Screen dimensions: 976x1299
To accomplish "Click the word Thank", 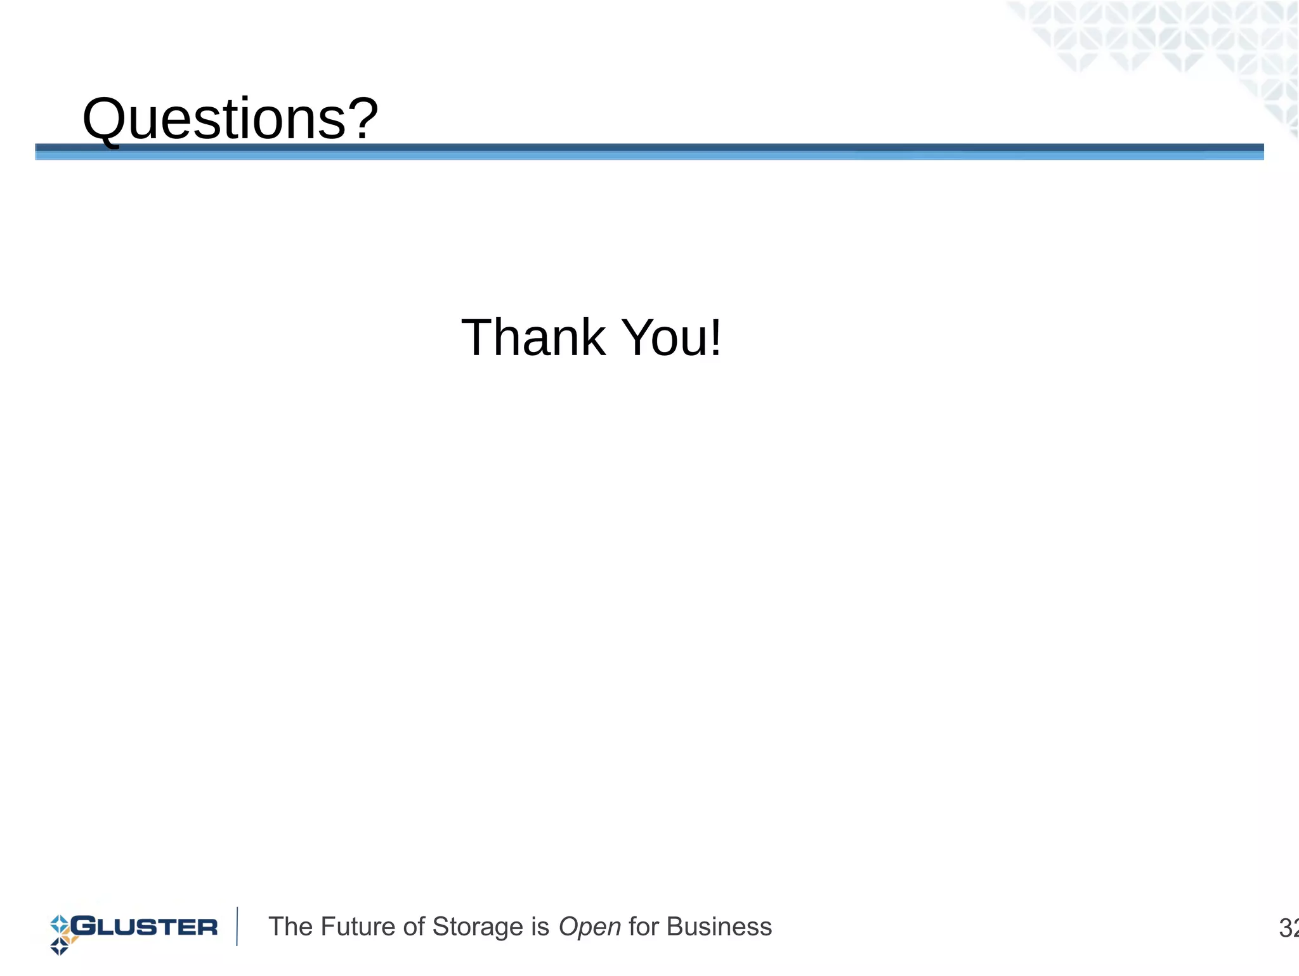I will [533, 337].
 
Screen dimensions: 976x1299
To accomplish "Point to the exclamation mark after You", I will [715, 337].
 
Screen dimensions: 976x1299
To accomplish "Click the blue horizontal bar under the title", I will [647, 152].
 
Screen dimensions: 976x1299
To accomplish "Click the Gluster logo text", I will [145, 927].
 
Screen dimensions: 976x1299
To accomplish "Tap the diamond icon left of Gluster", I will [61, 934].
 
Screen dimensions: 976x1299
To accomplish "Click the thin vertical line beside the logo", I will [237, 927].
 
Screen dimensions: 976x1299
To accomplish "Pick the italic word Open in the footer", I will [589, 928].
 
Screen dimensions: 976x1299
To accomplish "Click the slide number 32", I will [1288, 928].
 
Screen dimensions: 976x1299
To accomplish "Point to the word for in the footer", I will [643, 927].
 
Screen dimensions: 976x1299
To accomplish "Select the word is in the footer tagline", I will [540, 927].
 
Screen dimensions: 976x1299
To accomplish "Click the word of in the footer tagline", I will [414, 927].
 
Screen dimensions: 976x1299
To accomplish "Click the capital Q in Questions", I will [105, 119].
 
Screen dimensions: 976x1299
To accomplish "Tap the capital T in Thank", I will [479, 337].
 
